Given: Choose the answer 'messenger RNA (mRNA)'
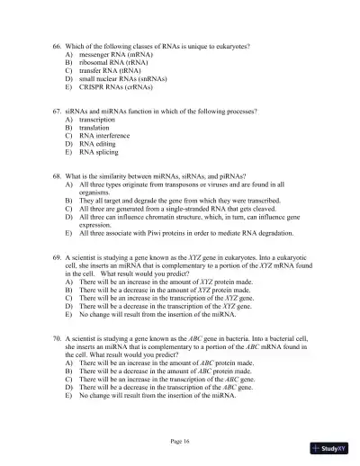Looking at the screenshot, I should [118, 55].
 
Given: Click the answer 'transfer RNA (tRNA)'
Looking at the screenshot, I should [115, 71].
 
